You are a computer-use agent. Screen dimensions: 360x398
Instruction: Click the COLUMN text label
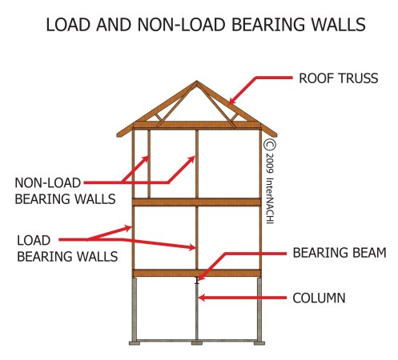coord(319,298)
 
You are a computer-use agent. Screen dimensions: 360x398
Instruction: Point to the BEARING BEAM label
coord(339,254)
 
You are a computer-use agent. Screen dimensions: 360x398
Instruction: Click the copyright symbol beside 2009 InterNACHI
coord(269,146)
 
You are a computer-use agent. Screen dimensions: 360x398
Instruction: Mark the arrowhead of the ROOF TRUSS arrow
coord(230,102)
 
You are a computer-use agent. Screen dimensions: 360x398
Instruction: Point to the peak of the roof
coord(197,82)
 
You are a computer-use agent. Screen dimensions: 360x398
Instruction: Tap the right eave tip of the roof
coord(277,135)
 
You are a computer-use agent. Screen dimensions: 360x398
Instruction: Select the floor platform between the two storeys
coord(197,202)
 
